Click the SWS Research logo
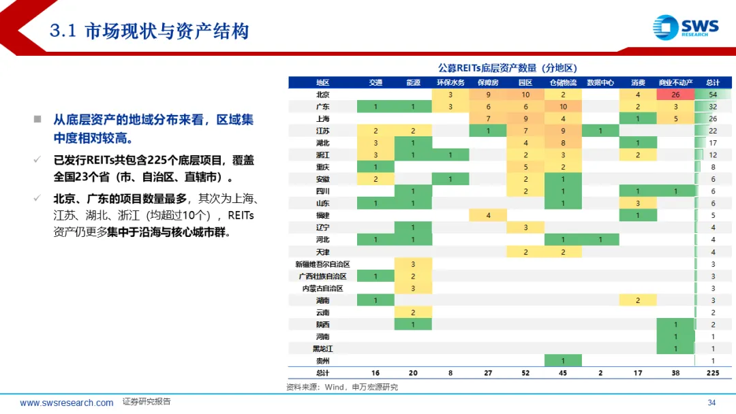pyautogui.click(x=686, y=27)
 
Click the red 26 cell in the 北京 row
pyautogui.click(x=675, y=94)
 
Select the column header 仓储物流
pyautogui.click(x=563, y=82)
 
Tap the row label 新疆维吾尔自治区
pyautogui.click(x=322, y=264)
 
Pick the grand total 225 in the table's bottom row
pyautogui.click(x=713, y=373)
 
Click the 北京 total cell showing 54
pyautogui.click(x=713, y=94)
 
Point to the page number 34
pyautogui.click(x=711, y=402)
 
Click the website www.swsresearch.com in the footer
pyautogui.click(x=66, y=402)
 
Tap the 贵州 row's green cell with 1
pyautogui.click(x=563, y=361)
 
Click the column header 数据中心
pyautogui.click(x=600, y=82)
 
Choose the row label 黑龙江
pyautogui.click(x=322, y=349)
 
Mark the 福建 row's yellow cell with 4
pyautogui.click(x=488, y=215)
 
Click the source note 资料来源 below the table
pyautogui.click(x=342, y=387)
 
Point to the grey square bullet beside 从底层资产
pyautogui.click(x=37, y=119)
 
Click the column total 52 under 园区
pyautogui.click(x=525, y=373)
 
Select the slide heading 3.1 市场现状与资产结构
pyautogui.click(x=149, y=31)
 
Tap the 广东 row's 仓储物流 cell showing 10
pyautogui.click(x=563, y=106)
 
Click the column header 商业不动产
pyautogui.click(x=675, y=82)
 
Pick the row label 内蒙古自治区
pyautogui.click(x=322, y=288)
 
